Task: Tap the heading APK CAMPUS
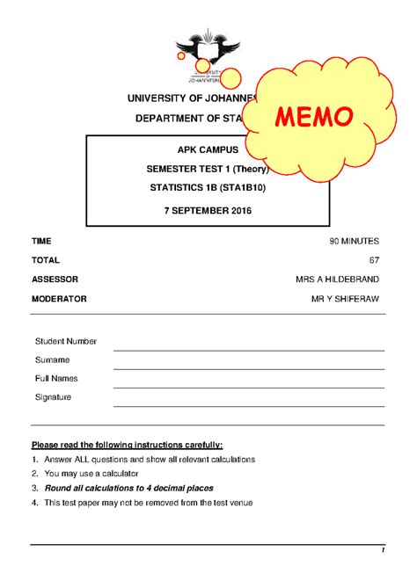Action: tap(208, 151)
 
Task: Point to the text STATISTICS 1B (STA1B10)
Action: tap(208, 189)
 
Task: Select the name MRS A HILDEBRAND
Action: tap(338, 279)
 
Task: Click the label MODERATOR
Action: tap(59, 299)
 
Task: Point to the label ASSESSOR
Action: tap(55, 279)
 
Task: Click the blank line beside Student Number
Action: tap(249, 349)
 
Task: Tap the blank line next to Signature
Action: tap(249, 405)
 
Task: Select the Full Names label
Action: tap(56, 379)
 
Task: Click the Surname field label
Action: tap(52, 360)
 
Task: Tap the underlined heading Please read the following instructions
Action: tap(127, 445)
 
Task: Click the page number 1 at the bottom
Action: tap(384, 551)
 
